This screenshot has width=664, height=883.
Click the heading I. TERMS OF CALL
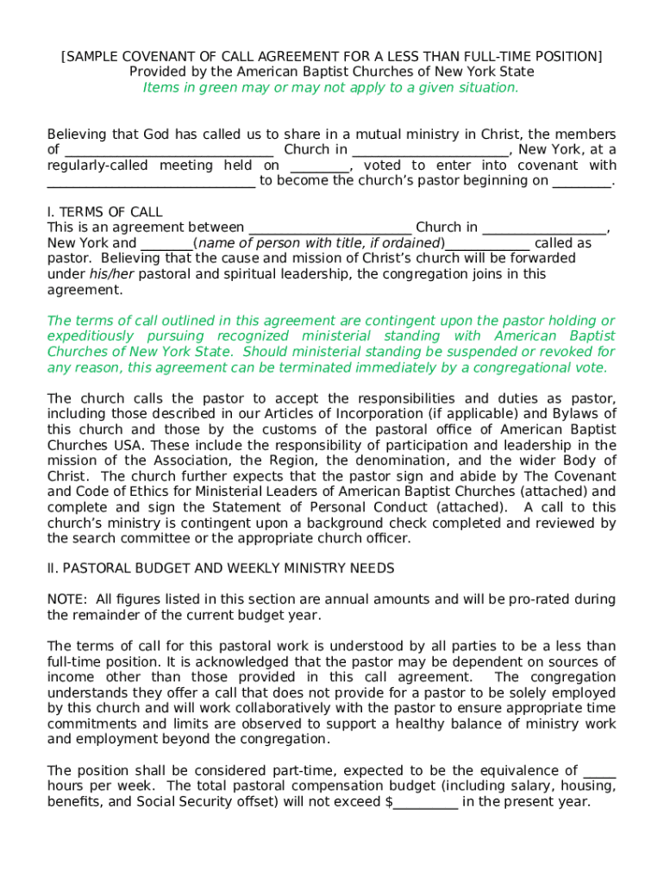pos(104,212)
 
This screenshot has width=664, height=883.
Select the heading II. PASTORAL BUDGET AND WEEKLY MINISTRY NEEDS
pos(221,568)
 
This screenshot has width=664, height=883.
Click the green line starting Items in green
pos(331,88)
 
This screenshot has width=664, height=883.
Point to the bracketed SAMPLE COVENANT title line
pos(331,57)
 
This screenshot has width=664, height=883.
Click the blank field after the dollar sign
pos(425,802)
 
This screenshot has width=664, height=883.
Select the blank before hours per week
pos(599,771)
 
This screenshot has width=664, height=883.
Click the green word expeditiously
pos(91,336)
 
